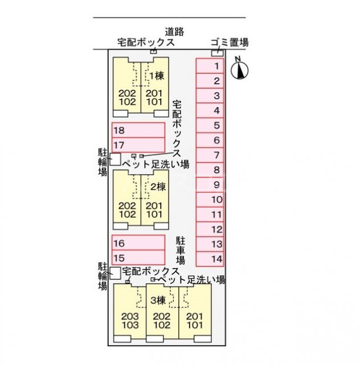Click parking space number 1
click(210, 66)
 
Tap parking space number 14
click(210, 259)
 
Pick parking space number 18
click(138, 130)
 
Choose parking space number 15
click(138, 258)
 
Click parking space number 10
click(210, 200)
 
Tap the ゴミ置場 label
click(229, 42)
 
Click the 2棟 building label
click(157, 186)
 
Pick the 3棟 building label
click(158, 300)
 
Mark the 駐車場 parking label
click(181, 251)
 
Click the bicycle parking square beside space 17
click(115, 160)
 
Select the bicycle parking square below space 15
click(115, 273)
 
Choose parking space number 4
click(210, 111)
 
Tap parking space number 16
click(138, 244)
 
